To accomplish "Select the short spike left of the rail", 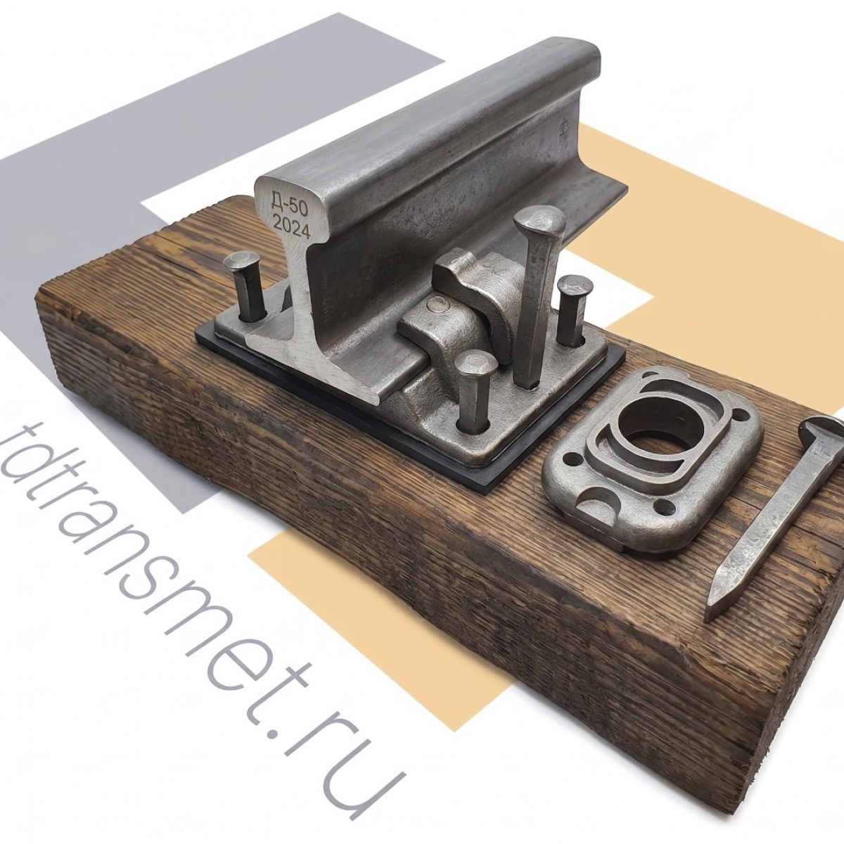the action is [246, 286].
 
